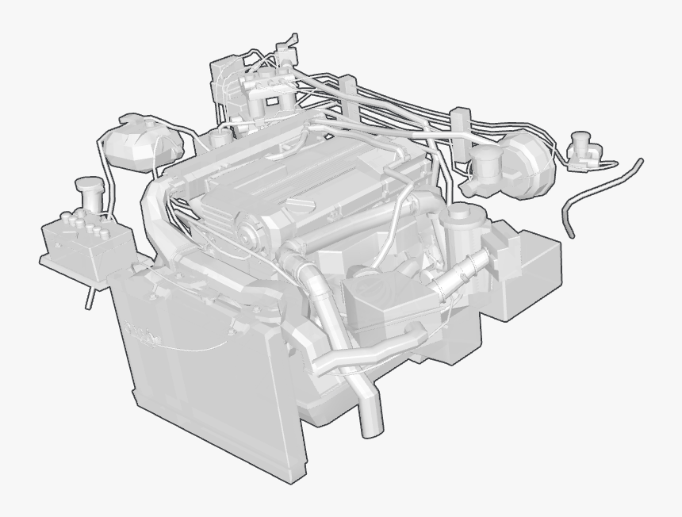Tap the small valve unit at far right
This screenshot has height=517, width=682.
coord(584,151)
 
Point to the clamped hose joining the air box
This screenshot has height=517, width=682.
coord(460,274)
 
